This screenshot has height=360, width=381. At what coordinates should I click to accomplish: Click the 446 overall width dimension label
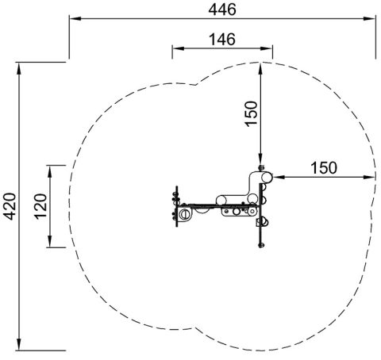click(222, 10)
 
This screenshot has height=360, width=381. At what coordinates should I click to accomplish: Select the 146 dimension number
click(222, 40)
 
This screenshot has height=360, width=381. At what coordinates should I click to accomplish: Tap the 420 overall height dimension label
click(11, 206)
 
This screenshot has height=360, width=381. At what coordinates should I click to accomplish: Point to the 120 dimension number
click(40, 206)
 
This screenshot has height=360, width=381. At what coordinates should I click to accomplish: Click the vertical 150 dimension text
click(252, 113)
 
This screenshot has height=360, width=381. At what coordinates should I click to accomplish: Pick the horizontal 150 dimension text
click(324, 168)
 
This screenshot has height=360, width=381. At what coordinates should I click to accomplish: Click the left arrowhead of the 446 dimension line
click(75, 19)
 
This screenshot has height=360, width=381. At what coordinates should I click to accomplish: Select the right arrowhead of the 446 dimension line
click(370, 19)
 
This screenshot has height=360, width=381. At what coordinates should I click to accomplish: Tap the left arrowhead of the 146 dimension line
click(178, 48)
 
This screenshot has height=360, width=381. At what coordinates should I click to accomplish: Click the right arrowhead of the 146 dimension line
click(267, 48)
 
